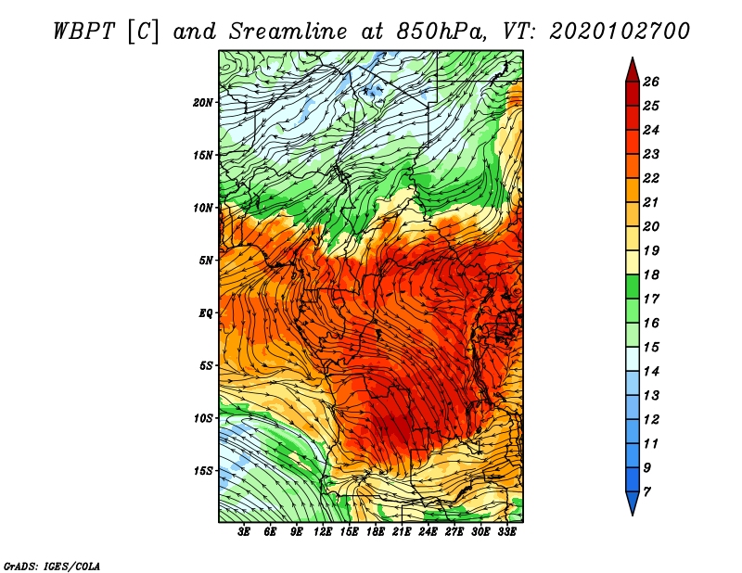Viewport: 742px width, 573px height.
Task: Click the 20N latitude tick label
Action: [x=202, y=103]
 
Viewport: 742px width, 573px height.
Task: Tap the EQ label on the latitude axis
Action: [x=206, y=313]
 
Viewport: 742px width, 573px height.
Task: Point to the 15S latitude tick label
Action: [x=203, y=471]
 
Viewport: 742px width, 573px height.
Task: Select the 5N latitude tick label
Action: [x=206, y=261]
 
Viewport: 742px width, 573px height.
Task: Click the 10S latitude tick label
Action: [x=203, y=419]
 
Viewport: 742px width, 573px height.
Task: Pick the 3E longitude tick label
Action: [x=244, y=532]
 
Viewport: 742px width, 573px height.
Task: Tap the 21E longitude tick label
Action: [x=402, y=532]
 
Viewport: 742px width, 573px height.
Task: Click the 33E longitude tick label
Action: [x=506, y=532]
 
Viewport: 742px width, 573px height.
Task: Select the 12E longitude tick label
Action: [x=322, y=532]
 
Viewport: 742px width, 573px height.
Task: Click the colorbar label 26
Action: [x=651, y=82]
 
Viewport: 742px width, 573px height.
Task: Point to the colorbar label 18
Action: [x=651, y=274]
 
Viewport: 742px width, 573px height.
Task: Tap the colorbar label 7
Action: [x=646, y=492]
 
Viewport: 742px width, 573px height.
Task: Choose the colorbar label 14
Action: [x=651, y=372]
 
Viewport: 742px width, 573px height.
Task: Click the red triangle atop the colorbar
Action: [x=633, y=70]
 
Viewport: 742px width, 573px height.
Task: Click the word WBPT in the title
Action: [x=84, y=32]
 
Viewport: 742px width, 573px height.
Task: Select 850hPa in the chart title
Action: [x=441, y=32]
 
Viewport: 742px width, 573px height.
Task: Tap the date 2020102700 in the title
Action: [x=620, y=32]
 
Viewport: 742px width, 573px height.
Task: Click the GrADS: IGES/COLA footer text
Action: [x=52, y=567]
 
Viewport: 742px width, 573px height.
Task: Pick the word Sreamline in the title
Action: [x=288, y=32]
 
